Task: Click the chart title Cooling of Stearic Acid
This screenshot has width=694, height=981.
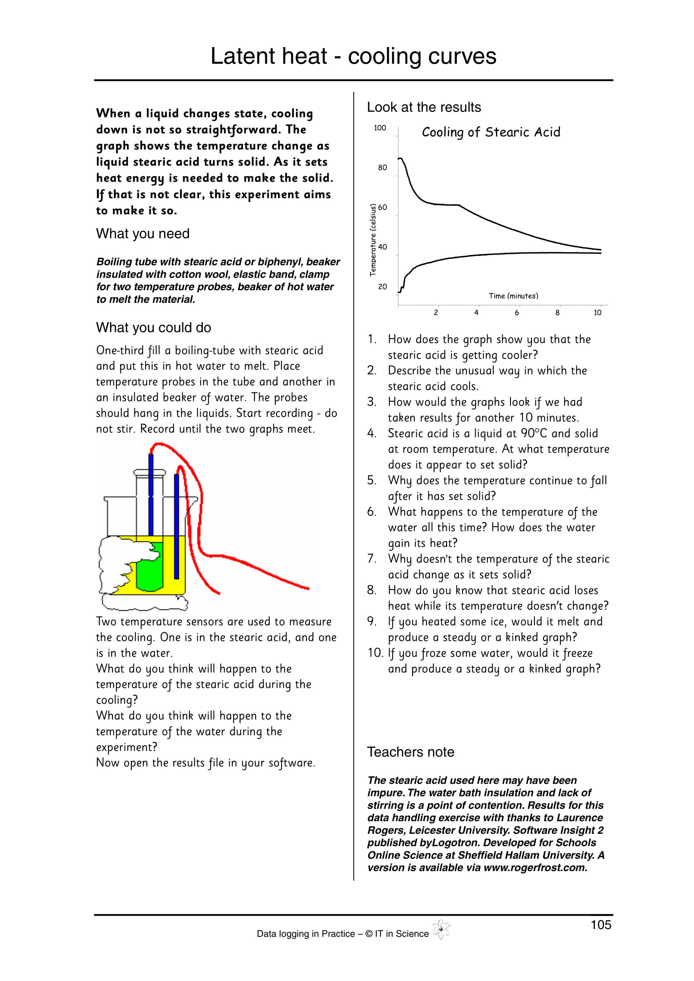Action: pyautogui.click(x=490, y=133)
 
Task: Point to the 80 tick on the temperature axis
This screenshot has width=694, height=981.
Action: pyautogui.click(x=382, y=167)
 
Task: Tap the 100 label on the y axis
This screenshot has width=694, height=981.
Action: pyautogui.click(x=380, y=128)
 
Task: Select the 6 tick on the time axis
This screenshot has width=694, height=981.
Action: pyautogui.click(x=516, y=313)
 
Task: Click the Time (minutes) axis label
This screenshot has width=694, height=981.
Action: pyautogui.click(x=513, y=296)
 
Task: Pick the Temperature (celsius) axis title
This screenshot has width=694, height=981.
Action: pyautogui.click(x=373, y=240)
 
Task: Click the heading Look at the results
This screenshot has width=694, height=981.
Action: pyautogui.click(x=423, y=107)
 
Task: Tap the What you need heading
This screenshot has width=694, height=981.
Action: pyautogui.click(x=142, y=234)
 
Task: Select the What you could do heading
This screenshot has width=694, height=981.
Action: pyautogui.click(x=154, y=328)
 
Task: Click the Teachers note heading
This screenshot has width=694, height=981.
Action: pyautogui.click(x=411, y=752)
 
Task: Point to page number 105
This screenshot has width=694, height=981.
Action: pyautogui.click(x=601, y=925)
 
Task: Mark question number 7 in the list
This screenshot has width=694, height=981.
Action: pyautogui.click(x=371, y=559)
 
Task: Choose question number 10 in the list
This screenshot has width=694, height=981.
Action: pyautogui.click(x=375, y=653)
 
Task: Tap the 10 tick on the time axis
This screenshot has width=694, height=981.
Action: pyautogui.click(x=597, y=313)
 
